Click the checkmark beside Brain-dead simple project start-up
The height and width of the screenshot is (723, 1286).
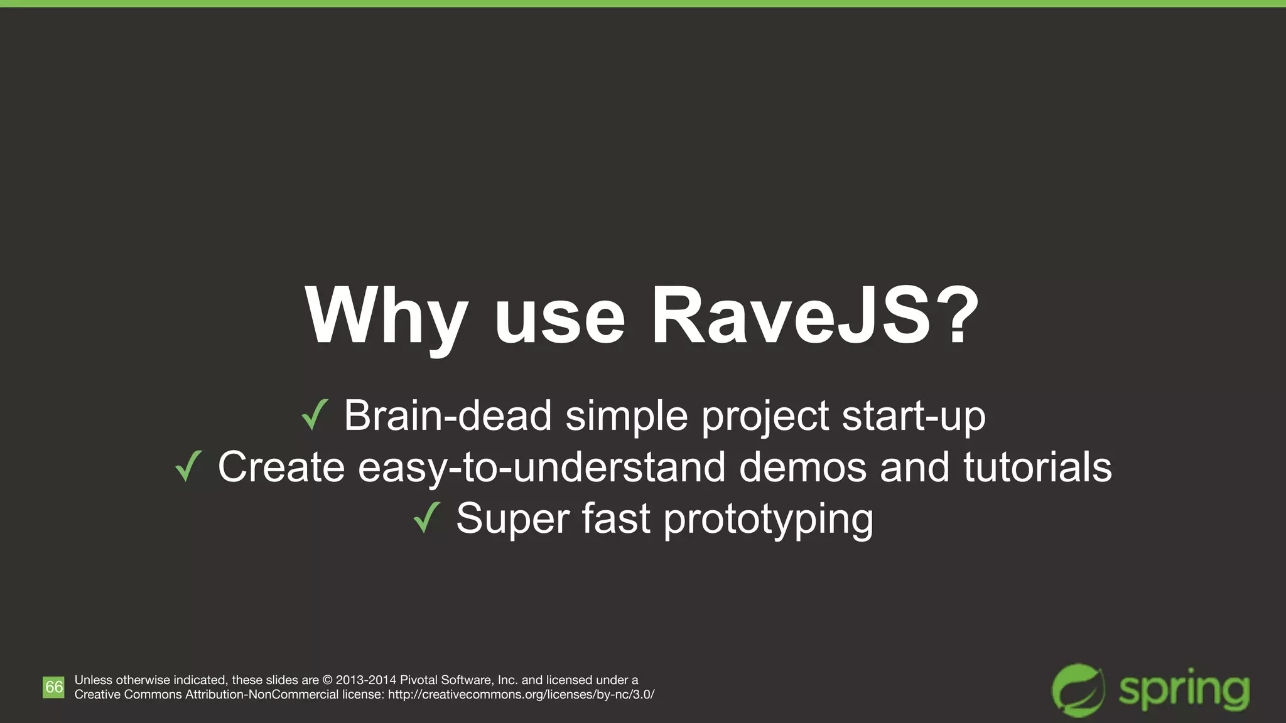[315, 415]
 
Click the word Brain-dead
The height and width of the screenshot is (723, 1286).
[447, 415]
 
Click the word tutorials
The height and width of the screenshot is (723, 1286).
[1037, 467]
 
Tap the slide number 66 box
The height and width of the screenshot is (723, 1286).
[53, 687]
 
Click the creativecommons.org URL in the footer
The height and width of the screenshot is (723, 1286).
[521, 695]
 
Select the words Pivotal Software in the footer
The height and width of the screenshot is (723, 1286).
[446, 680]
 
